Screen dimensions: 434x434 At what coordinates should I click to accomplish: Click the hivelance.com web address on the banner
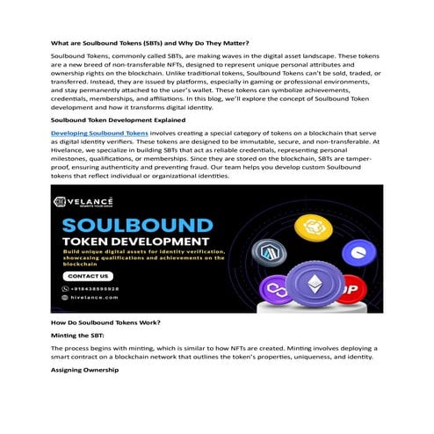[90, 299]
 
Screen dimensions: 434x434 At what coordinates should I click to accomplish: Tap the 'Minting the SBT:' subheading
[81, 336]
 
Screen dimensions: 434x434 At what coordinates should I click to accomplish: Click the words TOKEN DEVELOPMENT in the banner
[134, 241]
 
